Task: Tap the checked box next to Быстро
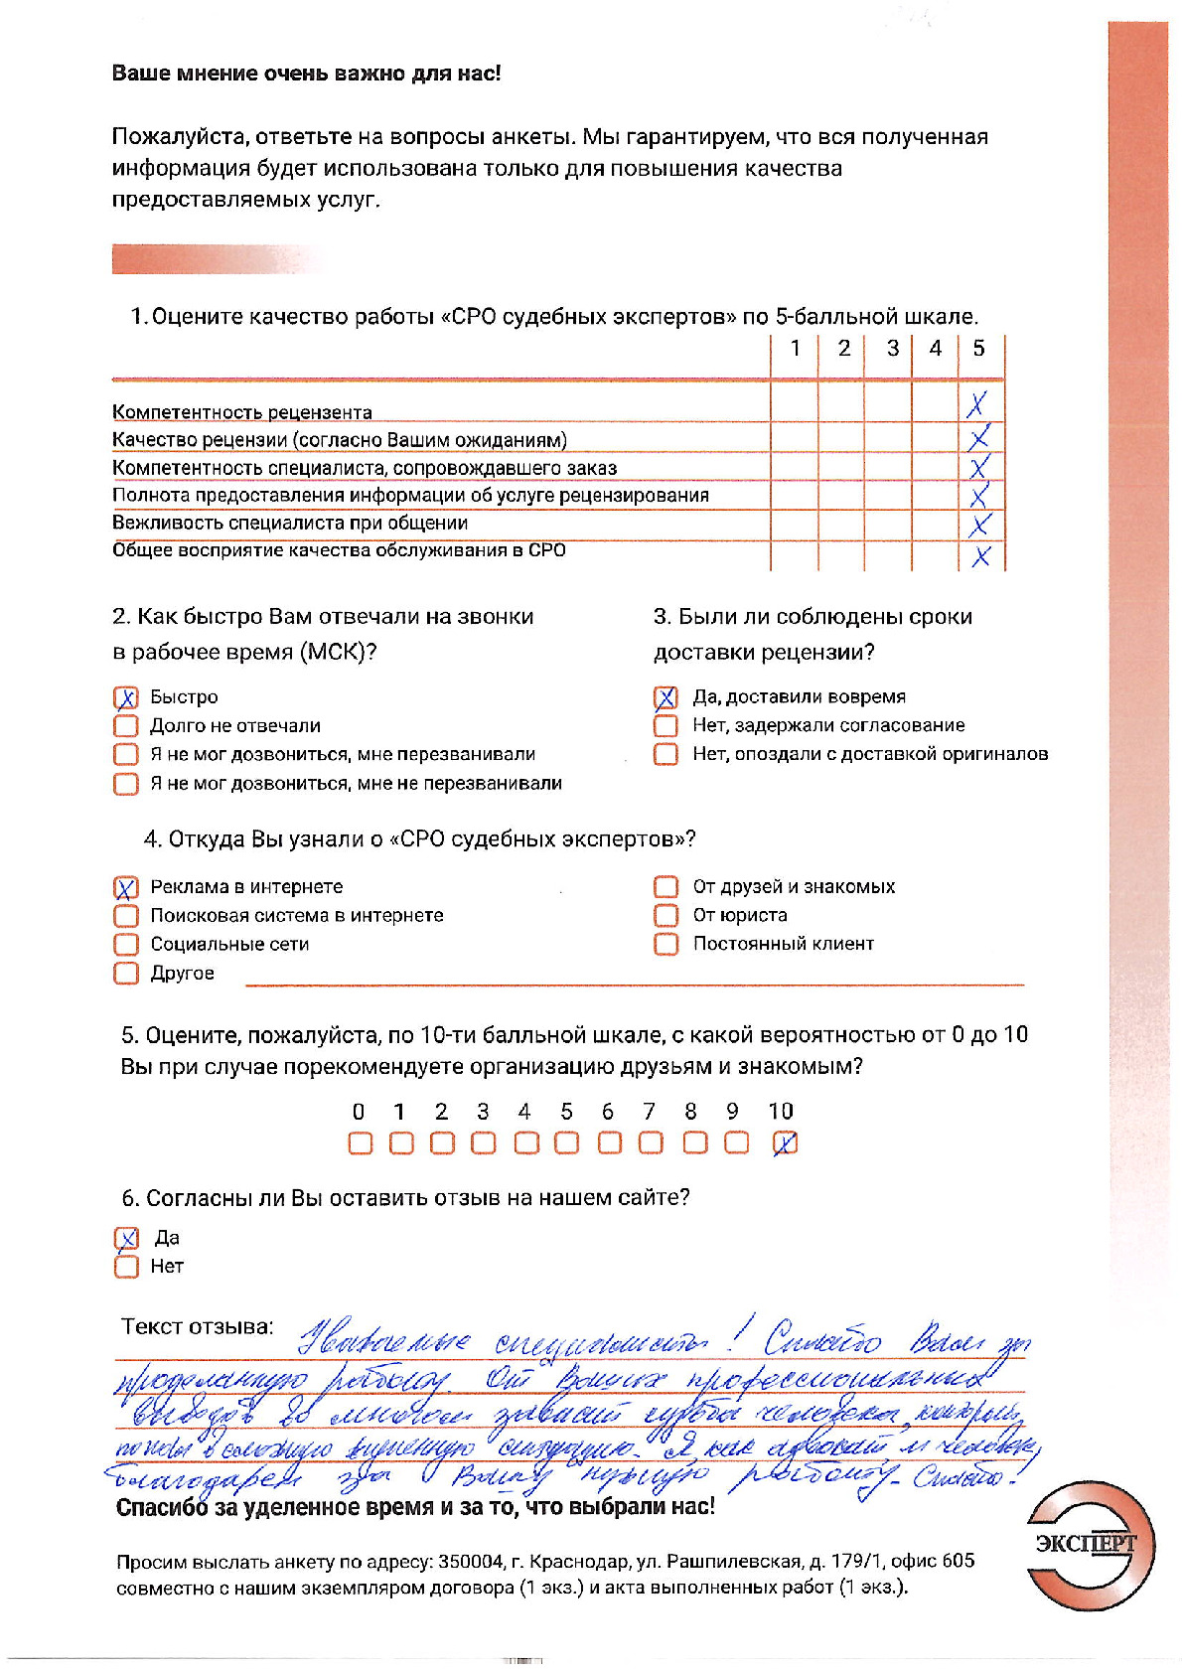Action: [126, 697]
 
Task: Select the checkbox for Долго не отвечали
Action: [126, 726]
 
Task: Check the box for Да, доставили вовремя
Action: [666, 697]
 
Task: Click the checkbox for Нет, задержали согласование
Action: [666, 726]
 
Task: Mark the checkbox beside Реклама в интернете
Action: [126, 887]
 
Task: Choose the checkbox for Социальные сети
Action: [126, 944]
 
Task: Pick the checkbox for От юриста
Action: [666, 915]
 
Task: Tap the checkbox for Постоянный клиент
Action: [666, 944]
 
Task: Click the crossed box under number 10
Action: [785, 1143]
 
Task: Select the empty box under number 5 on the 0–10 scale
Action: [566, 1143]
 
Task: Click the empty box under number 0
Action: [360, 1143]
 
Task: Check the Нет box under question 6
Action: [126, 1267]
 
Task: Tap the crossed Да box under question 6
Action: [126, 1238]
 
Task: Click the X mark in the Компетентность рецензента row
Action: [978, 403]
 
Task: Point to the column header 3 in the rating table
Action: [892, 349]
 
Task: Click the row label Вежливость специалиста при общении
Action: [289, 524]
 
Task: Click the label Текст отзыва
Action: [197, 1327]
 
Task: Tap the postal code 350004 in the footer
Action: [470, 1561]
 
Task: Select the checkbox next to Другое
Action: [126, 973]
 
